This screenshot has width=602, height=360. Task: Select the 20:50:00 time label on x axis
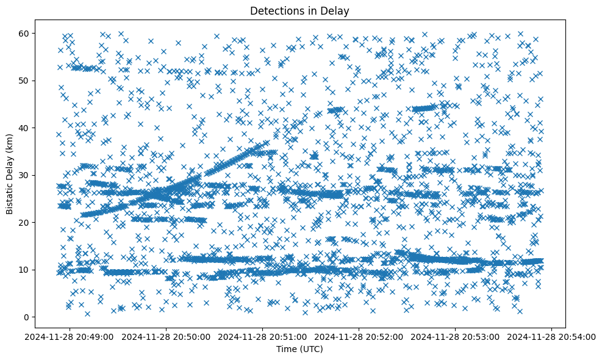(167, 336)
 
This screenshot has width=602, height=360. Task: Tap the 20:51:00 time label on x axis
(263, 336)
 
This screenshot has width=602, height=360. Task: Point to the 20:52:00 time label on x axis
(359, 336)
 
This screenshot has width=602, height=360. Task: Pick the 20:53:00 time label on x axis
(456, 336)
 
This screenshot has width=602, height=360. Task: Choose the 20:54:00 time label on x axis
(552, 336)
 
